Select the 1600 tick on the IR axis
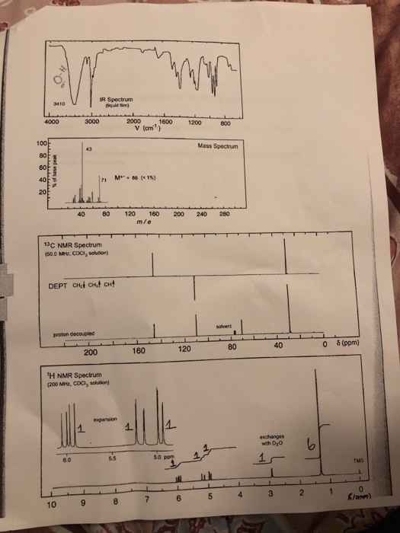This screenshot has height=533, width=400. [164, 122]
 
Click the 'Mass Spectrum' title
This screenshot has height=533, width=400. [217, 145]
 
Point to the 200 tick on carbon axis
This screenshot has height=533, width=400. [90, 352]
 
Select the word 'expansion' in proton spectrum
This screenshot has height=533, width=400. [104, 418]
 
